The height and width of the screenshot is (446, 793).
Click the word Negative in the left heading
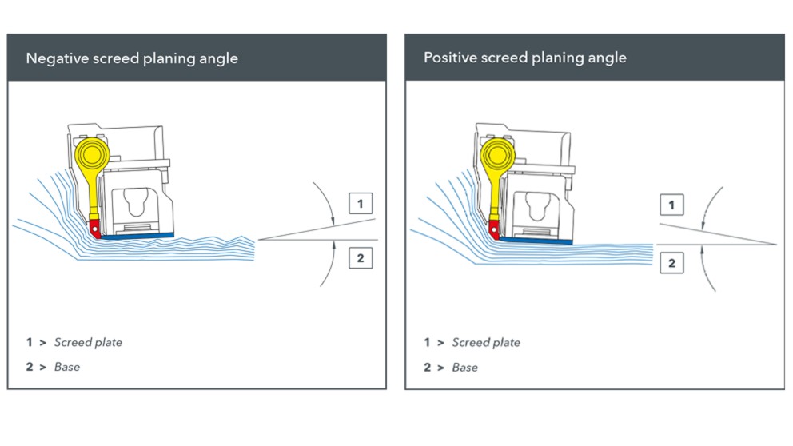click(54, 58)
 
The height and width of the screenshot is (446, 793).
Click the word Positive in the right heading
click(449, 58)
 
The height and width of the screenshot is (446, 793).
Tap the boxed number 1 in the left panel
click(360, 204)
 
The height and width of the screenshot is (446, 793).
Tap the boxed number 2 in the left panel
click(360, 257)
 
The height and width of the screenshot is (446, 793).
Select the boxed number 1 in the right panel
click(671, 205)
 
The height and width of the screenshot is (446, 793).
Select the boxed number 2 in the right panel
click(671, 263)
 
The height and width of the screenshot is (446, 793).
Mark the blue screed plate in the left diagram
click(140, 235)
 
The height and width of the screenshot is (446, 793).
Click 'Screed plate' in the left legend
click(88, 342)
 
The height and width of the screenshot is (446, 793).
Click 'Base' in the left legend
click(67, 367)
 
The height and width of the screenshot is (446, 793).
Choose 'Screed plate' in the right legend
click(486, 342)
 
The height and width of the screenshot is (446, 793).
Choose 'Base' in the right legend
click(465, 367)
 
